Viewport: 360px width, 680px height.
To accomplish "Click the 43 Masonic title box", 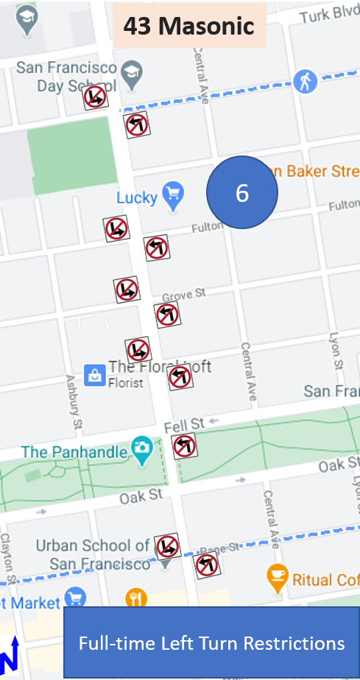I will [x=188, y=27].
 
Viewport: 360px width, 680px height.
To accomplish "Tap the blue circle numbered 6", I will [x=242, y=192].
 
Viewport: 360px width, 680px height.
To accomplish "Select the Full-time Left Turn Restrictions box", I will [x=211, y=643].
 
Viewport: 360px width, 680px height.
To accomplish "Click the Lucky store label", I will [x=137, y=197].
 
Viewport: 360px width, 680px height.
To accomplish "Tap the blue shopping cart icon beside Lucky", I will [x=173, y=194].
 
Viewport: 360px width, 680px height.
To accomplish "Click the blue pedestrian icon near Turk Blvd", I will [x=305, y=81].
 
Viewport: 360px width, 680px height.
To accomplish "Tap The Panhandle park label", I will [x=74, y=451].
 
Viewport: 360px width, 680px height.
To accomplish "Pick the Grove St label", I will [x=183, y=295].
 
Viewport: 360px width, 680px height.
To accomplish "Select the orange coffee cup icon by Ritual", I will [x=277, y=578].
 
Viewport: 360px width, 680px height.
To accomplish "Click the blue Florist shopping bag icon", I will [x=94, y=375].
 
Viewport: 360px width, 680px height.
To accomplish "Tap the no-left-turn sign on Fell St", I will [x=184, y=446].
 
